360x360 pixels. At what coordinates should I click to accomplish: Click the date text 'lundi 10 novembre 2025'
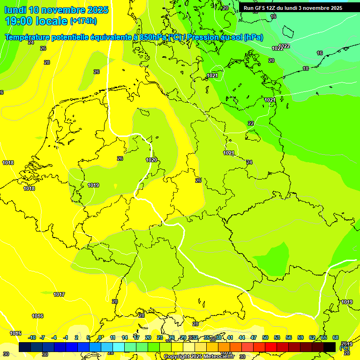(x=56, y=10)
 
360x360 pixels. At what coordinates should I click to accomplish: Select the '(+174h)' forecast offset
(x=83, y=21)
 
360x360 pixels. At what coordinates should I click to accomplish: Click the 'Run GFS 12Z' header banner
(x=292, y=8)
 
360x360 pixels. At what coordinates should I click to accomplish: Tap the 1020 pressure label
(x=151, y=160)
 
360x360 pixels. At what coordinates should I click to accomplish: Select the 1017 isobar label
(x=59, y=294)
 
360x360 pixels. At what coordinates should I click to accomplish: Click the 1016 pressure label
(x=37, y=316)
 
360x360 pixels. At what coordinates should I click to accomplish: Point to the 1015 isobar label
(x=15, y=334)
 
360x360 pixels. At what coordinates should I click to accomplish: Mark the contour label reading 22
(x=251, y=123)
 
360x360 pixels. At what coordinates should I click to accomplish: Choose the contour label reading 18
(x=306, y=68)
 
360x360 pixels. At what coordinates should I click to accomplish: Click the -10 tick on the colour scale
(x=32, y=337)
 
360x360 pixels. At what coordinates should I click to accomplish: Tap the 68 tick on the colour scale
(x=336, y=337)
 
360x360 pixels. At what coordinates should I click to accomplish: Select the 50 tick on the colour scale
(x=265, y=337)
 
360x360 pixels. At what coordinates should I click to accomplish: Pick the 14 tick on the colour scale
(x=125, y=337)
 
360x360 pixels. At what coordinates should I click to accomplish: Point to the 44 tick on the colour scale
(x=242, y=337)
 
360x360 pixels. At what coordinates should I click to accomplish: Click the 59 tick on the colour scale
(x=300, y=337)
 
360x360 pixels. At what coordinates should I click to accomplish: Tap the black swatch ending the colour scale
(x=330, y=347)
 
